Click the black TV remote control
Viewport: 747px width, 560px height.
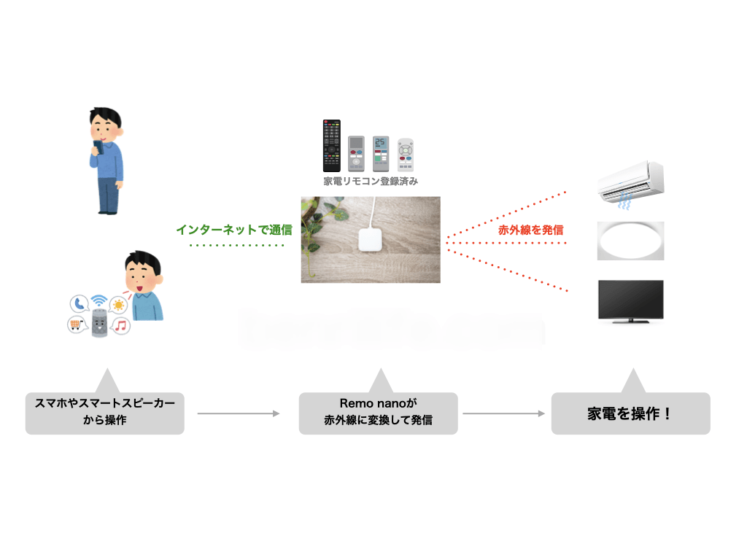click(x=332, y=146)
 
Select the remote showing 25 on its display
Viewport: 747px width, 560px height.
click(x=381, y=152)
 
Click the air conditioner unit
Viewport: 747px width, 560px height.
click(x=630, y=182)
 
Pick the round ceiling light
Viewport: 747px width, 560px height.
click(x=630, y=240)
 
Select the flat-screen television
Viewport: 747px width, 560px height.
click(x=630, y=300)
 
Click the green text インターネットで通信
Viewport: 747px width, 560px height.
click(x=233, y=230)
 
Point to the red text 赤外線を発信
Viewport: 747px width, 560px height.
click(x=530, y=230)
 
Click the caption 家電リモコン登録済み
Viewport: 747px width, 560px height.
click(x=371, y=182)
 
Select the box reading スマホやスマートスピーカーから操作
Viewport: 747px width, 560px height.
click(x=105, y=413)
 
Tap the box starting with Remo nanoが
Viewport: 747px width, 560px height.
click(x=378, y=413)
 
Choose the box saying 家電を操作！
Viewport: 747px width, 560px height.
click(x=630, y=413)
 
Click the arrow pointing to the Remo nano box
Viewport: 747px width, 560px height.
click(x=239, y=413)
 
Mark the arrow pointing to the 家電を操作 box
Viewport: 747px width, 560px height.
click(x=504, y=413)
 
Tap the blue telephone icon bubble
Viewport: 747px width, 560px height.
click(x=78, y=304)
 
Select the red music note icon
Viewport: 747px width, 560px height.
click(x=121, y=325)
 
